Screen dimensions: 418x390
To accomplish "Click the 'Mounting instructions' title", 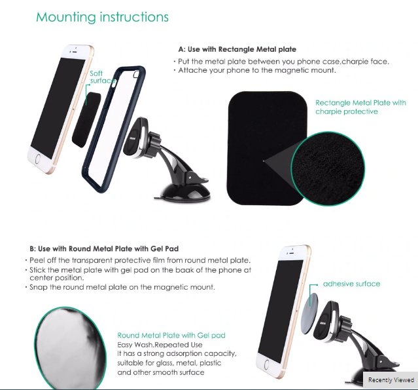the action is (102, 17).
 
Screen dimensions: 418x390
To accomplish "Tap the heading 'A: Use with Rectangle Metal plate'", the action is (237, 49).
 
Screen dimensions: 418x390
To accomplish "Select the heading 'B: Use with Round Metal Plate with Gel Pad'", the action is (104, 248).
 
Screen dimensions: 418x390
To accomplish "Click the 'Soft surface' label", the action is (102, 77).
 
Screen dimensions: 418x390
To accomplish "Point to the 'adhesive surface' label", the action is (352, 284).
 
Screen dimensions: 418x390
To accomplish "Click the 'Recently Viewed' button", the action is (391, 380).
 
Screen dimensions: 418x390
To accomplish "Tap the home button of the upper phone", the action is (37, 159).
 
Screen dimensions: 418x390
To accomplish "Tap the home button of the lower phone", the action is (266, 364).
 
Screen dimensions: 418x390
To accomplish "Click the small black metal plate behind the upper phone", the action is (86, 119).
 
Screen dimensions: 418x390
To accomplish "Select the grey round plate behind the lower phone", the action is (309, 313).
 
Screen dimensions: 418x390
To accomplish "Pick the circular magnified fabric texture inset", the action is (328, 169).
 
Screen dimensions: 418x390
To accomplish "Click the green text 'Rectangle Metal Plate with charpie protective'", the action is (360, 107).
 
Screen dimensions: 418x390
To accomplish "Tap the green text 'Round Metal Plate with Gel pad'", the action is (171, 335).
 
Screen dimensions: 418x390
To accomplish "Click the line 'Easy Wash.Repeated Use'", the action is (160, 345).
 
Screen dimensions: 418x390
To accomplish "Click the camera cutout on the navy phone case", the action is (136, 74).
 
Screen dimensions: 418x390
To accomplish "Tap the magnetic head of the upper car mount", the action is (136, 137).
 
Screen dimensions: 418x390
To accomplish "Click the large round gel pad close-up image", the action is (71, 348).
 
